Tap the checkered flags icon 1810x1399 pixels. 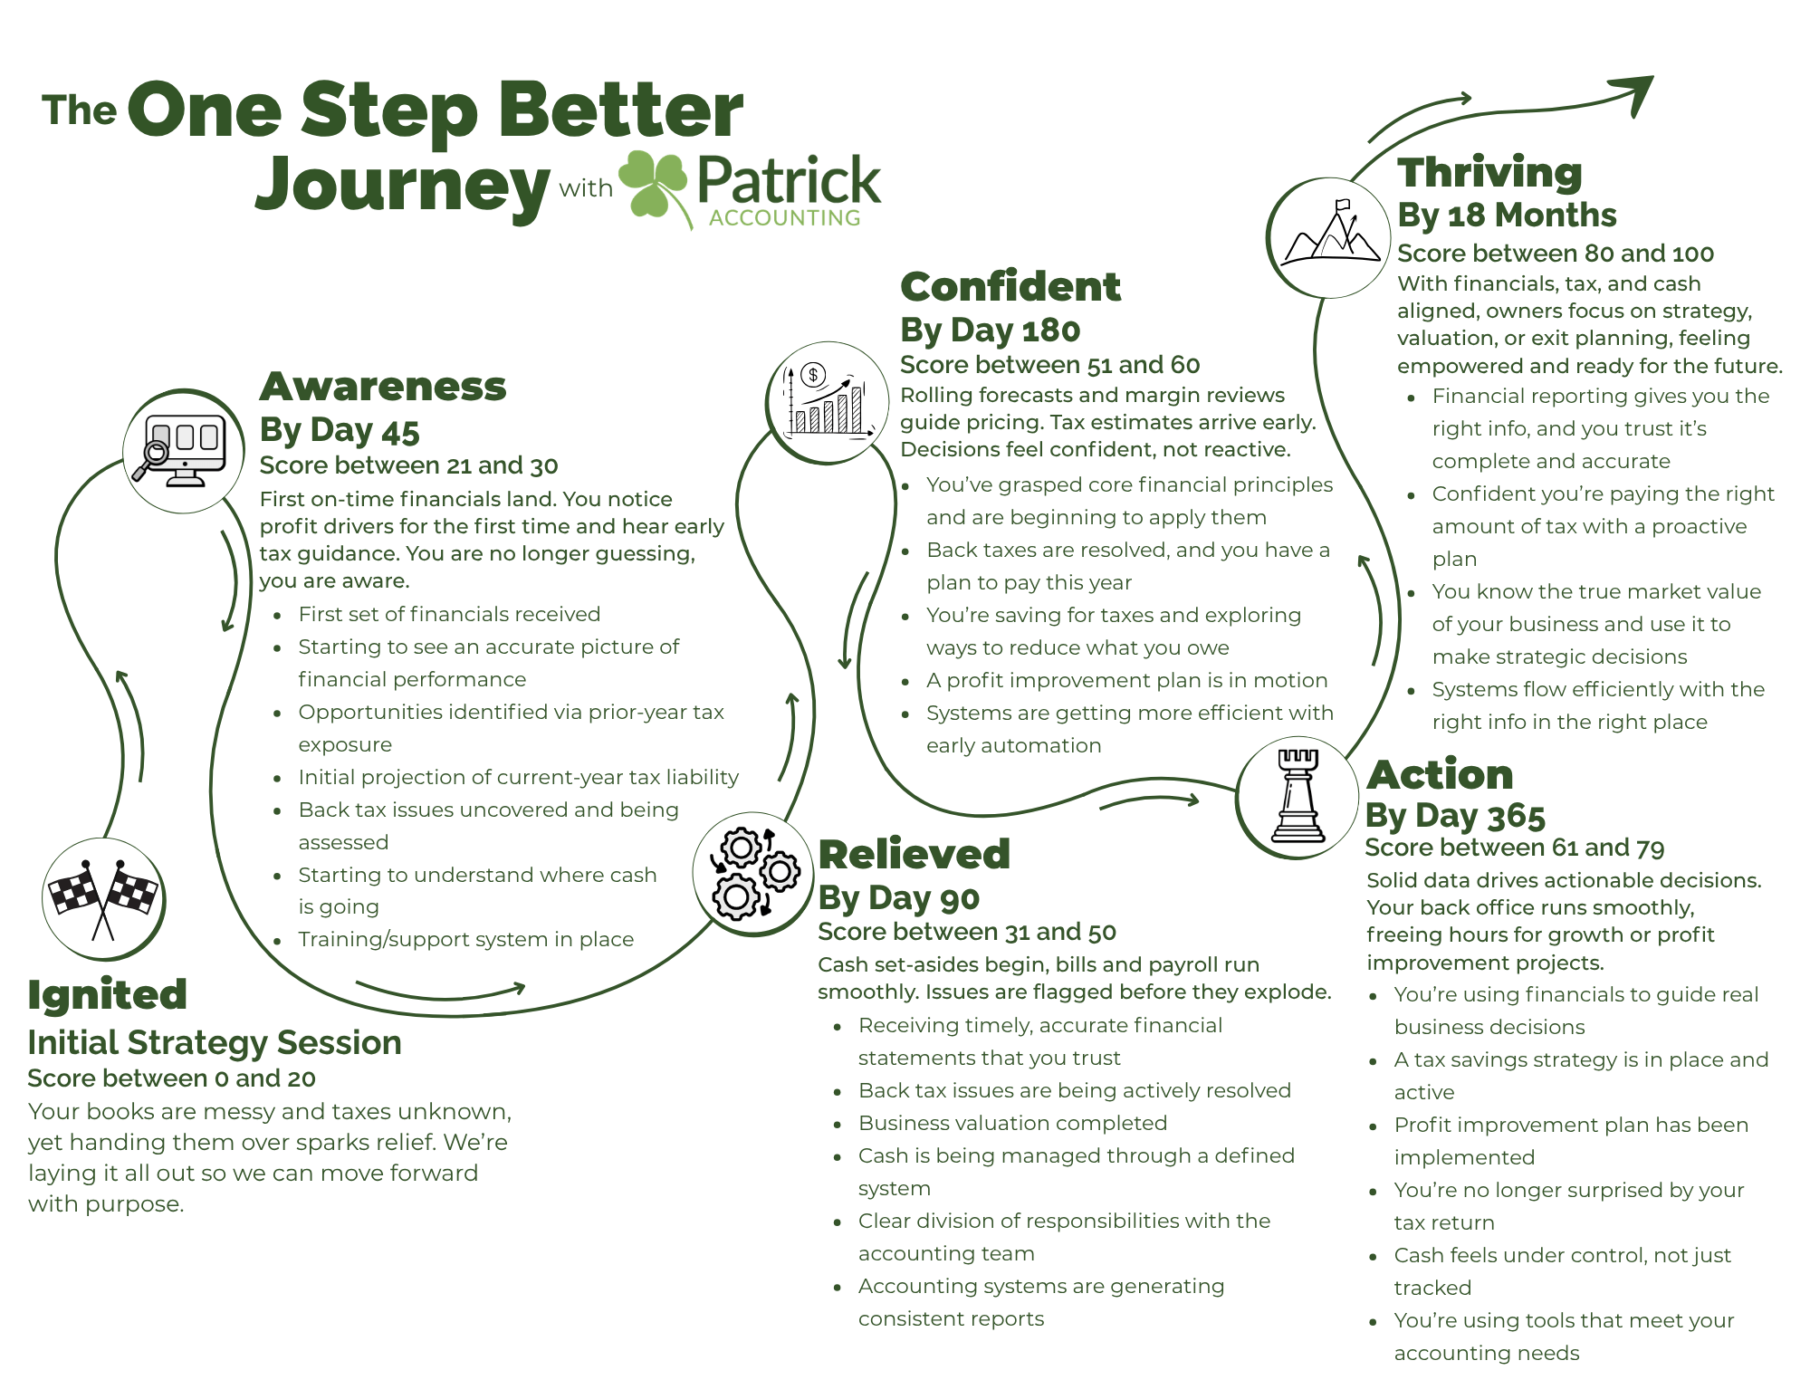[x=103, y=898]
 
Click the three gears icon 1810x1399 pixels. [x=754, y=874]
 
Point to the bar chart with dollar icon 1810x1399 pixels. [x=828, y=402]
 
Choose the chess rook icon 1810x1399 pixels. [x=1298, y=797]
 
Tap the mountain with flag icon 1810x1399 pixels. [x=1328, y=236]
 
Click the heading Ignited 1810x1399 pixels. [x=108, y=994]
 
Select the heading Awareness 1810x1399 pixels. [x=382, y=386]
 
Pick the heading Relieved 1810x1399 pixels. [x=914, y=854]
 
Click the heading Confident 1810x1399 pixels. [x=1010, y=286]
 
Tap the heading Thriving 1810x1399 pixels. [x=1489, y=172]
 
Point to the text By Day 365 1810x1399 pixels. [x=1455, y=816]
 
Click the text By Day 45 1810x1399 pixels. [x=340, y=430]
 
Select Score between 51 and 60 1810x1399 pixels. [x=1049, y=365]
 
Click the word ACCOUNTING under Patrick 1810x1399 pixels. [x=784, y=218]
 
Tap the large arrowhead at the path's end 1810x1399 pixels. [x=1636, y=93]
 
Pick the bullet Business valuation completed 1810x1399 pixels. [x=1012, y=1123]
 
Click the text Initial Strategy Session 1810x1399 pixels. [x=215, y=1042]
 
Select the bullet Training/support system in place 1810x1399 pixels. [x=465, y=939]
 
